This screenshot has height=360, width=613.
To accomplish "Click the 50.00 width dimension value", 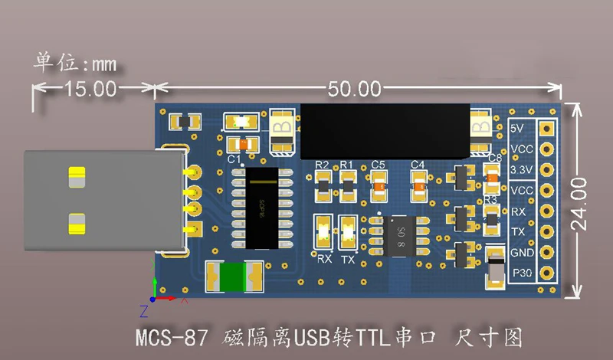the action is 354,89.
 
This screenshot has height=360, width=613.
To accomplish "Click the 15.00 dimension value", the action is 90,89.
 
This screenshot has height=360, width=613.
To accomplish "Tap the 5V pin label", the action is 517,128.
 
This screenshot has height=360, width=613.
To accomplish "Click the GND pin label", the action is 520,253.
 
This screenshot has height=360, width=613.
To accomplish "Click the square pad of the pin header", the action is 547,129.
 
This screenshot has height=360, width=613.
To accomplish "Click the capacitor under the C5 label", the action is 379,184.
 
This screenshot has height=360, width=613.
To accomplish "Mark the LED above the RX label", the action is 323,231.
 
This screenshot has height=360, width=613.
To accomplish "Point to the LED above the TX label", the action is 348,231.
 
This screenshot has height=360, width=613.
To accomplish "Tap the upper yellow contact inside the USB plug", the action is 77,177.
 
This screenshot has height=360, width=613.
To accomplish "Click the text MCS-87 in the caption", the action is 169,337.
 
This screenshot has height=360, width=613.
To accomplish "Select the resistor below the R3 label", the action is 490,218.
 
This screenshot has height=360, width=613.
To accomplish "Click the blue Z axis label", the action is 143,310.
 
